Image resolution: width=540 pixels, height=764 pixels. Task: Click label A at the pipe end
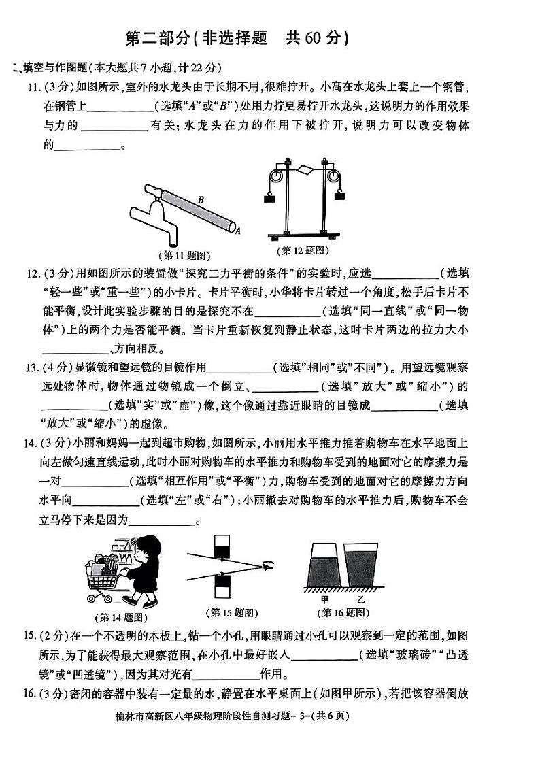(238, 231)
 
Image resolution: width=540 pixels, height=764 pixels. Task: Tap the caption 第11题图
(184, 256)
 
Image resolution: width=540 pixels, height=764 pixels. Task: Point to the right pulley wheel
(333, 177)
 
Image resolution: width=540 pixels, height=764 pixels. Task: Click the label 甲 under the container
(324, 600)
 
